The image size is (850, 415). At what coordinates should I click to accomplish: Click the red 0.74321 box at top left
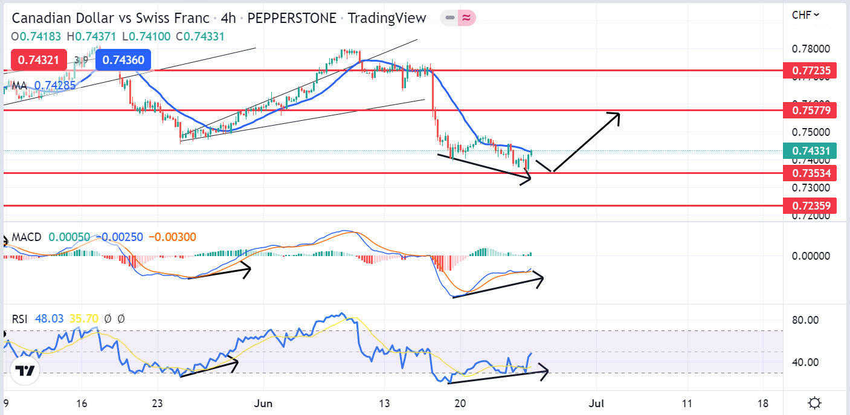pos(37,60)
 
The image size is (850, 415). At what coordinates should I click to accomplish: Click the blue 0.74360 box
pos(123,60)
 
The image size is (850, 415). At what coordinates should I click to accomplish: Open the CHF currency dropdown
pos(806,14)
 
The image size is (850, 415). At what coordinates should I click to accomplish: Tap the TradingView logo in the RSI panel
pos(25,371)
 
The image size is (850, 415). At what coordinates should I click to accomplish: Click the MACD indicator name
pos(26,237)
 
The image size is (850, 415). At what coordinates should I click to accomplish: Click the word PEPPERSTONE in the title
pos(292,18)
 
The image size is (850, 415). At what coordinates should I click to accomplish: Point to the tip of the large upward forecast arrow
pos(619,114)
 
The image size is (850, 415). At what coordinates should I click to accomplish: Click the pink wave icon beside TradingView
pos(466,18)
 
